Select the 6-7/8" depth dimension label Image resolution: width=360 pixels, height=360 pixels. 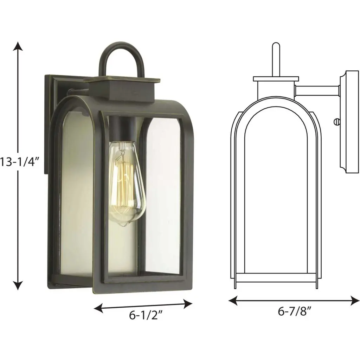pyautogui.click(x=295, y=311)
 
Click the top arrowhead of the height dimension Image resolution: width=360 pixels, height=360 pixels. pyautogui.click(x=18, y=46)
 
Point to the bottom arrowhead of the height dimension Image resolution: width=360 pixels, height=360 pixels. pyautogui.click(x=18, y=285)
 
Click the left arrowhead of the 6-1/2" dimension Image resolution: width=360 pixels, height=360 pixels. pyautogui.click(x=98, y=308)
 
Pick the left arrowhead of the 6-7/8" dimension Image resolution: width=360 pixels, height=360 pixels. pyautogui.click(x=233, y=301)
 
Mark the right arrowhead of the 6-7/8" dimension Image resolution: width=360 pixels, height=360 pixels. pyautogui.click(x=355, y=301)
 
